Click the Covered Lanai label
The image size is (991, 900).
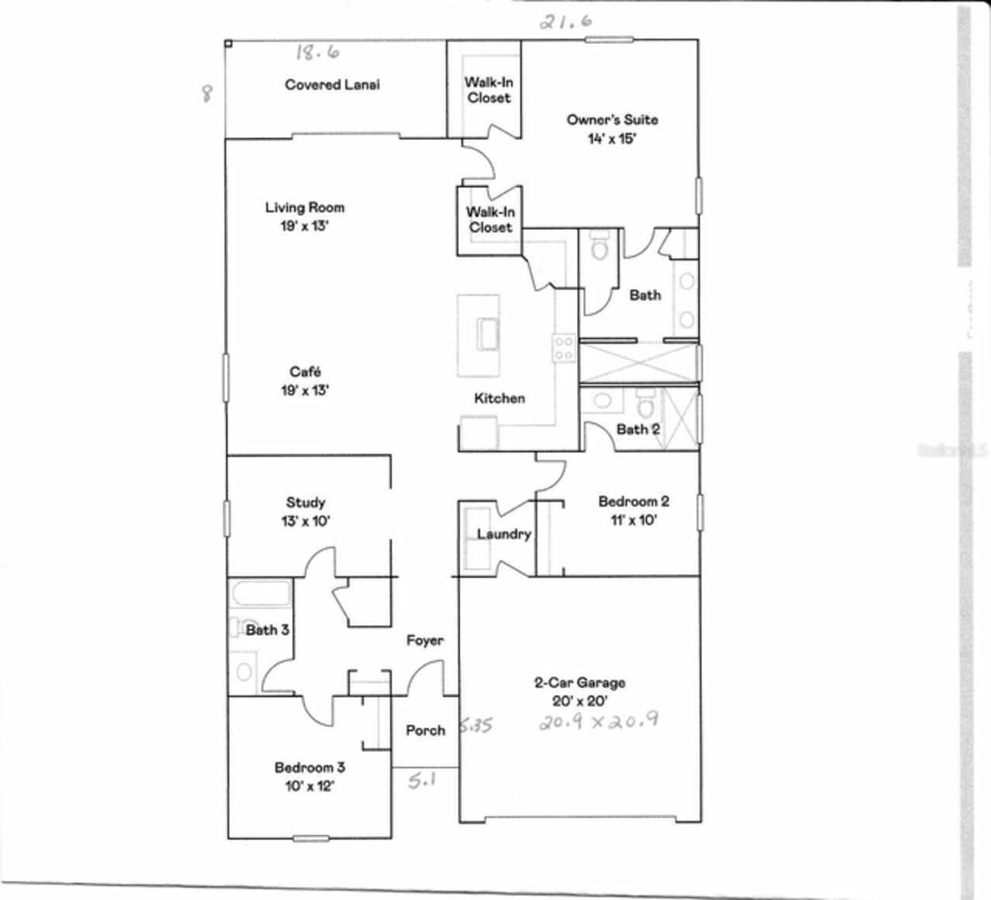tap(332, 85)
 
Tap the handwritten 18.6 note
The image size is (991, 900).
tap(317, 53)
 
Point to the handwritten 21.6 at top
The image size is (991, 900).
tap(566, 22)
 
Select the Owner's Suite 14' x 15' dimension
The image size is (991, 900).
tap(612, 139)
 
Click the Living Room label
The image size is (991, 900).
tap(304, 208)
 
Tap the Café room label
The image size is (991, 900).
tap(305, 373)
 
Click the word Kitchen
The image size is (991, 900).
tap(499, 398)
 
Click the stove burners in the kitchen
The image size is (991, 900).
tap(563, 349)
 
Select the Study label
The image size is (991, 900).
tap(305, 503)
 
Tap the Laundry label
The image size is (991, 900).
tap(503, 534)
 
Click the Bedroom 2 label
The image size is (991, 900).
tap(633, 501)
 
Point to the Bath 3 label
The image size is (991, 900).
tap(267, 630)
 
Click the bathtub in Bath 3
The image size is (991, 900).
tap(260, 596)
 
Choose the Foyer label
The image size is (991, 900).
tap(425, 641)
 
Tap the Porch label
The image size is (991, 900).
tap(425, 730)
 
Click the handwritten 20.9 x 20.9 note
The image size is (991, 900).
tap(598, 722)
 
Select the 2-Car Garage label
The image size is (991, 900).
tap(580, 682)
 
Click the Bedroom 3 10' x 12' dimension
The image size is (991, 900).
tap(309, 786)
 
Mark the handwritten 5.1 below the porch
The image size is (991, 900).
tap(422, 781)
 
